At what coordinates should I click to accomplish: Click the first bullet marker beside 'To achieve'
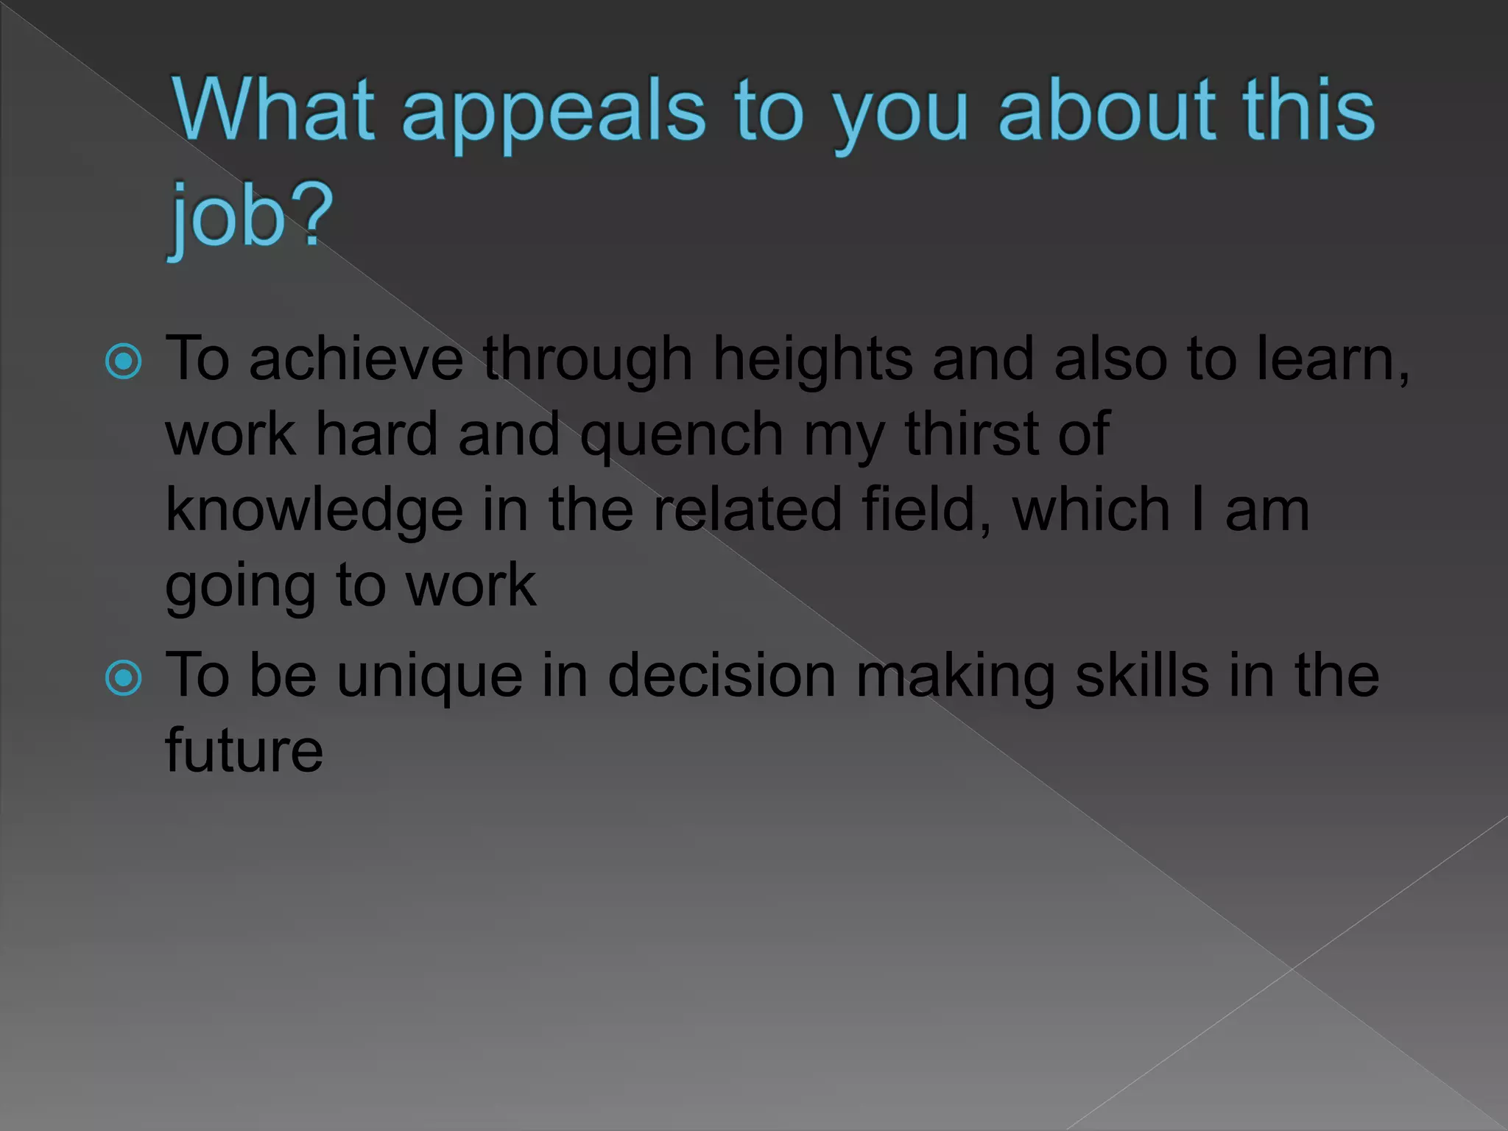coord(123,362)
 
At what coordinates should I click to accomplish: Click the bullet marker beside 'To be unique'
coord(123,677)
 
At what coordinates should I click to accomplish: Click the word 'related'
coord(747,509)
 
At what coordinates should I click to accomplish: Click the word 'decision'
coord(722,676)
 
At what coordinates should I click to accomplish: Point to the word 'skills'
coord(1142,676)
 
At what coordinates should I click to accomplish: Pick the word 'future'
coord(244,751)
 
